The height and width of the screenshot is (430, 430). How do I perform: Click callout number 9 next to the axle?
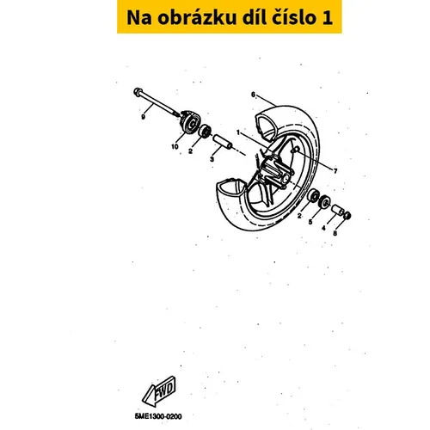(x=143, y=117)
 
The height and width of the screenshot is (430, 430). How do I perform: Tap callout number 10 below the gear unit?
(x=175, y=147)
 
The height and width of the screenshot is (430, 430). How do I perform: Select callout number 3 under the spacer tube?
(x=212, y=159)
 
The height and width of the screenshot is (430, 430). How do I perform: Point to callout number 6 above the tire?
(x=253, y=95)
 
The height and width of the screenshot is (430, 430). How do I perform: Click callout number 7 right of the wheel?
(x=335, y=171)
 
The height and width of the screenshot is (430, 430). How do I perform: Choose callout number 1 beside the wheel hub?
(x=238, y=132)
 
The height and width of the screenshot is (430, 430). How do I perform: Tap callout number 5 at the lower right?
(x=310, y=222)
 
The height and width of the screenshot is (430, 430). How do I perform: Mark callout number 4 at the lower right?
(x=323, y=228)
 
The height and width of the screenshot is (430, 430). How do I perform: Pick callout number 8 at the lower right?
(x=335, y=233)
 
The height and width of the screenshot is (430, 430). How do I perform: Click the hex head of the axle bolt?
(x=138, y=91)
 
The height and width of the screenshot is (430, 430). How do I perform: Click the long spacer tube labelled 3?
(x=223, y=142)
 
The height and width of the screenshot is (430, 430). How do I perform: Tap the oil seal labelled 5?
(x=325, y=202)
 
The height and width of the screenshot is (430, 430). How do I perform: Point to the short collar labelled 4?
(x=338, y=210)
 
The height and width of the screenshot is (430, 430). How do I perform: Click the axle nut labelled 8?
(x=347, y=215)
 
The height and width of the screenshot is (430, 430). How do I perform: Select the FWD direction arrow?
(x=158, y=391)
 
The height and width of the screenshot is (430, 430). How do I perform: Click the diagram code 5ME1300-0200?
(x=158, y=416)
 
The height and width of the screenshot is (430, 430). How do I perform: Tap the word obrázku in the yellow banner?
(x=197, y=17)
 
